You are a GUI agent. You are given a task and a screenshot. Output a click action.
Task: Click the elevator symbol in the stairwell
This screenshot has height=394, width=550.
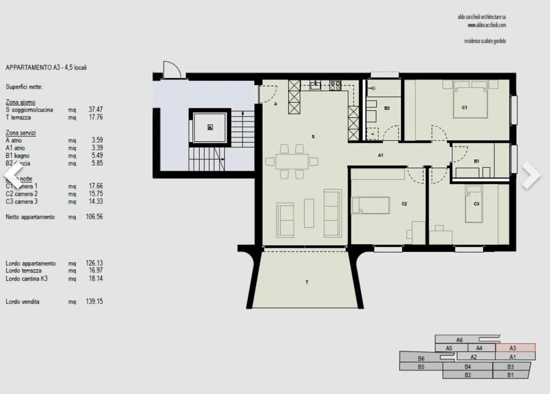click(210, 127)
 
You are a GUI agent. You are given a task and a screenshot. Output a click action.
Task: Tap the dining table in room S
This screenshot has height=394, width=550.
click(292, 161)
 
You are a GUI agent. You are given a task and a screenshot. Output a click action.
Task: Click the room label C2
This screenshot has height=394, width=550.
click(404, 204)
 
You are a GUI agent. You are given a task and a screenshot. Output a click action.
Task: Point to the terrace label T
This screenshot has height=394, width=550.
click(307, 282)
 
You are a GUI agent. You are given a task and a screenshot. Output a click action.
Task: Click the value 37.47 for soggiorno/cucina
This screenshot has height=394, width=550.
click(95, 109)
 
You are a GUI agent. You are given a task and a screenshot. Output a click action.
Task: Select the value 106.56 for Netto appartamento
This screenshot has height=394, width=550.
click(94, 217)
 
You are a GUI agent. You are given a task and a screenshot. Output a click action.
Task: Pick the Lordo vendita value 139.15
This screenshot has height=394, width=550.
click(94, 301)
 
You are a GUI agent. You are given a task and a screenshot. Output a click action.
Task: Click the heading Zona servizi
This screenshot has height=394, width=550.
click(21, 133)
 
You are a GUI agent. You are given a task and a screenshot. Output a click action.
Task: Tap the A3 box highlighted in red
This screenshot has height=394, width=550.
click(515, 348)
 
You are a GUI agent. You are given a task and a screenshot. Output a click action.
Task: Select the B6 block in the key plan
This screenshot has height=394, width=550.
click(421, 359)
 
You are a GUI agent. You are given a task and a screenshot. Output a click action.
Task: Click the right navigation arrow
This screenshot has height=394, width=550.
click(531, 175)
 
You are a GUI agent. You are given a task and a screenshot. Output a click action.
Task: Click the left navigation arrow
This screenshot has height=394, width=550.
click(14, 175)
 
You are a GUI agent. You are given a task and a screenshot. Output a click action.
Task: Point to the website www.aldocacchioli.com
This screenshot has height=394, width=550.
click(487, 25)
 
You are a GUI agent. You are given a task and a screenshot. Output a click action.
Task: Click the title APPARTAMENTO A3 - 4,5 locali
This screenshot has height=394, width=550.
click(46, 68)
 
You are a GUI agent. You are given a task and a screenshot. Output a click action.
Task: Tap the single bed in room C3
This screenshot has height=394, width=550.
click(474, 204)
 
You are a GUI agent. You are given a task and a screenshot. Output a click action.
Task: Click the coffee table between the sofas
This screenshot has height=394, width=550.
click(309, 213)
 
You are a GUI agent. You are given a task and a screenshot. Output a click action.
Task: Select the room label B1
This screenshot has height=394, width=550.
click(476, 161)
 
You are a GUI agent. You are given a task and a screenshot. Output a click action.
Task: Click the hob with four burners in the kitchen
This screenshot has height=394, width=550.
click(335, 85)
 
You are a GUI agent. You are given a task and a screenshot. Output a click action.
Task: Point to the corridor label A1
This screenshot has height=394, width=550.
click(380, 155)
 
